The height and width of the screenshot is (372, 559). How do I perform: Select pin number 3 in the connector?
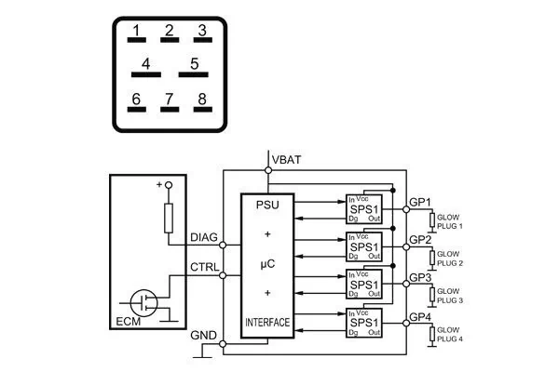click(x=200, y=34)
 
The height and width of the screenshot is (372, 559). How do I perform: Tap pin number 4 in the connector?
click(x=146, y=68)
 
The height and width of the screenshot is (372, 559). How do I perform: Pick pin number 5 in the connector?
click(x=194, y=68)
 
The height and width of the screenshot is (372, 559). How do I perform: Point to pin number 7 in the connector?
click(x=169, y=101)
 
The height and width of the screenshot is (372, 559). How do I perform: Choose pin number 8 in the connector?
click(x=200, y=101)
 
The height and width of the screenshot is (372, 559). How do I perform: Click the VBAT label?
click(x=285, y=160)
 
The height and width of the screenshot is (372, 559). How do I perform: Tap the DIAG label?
click(x=204, y=238)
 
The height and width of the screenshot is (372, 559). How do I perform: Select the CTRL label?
click(x=204, y=268)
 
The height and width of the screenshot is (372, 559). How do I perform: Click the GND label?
click(x=204, y=335)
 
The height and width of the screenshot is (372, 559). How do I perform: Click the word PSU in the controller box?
click(x=267, y=206)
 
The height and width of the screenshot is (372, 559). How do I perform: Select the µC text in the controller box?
click(x=267, y=263)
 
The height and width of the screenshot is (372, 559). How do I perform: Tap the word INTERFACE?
click(x=267, y=323)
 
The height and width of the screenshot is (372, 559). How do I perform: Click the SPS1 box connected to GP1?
click(x=364, y=210)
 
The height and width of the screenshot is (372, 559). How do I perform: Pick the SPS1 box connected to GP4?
click(x=364, y=323)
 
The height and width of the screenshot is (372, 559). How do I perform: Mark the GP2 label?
click(x=420, y=240)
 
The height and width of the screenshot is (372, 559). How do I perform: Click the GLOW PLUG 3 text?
click(x=449, y=297)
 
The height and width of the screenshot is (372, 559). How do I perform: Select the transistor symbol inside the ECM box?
click(x=144, y=300)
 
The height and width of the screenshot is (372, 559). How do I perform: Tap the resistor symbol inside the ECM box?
click(x=169, y=219)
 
